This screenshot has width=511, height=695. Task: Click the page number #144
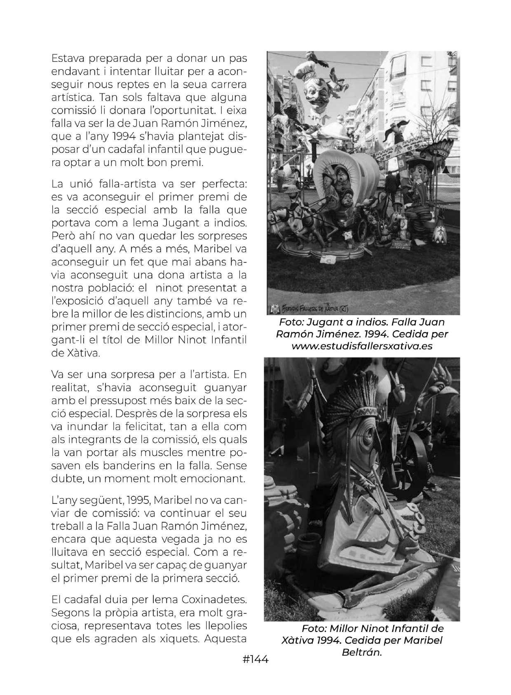point(255,659)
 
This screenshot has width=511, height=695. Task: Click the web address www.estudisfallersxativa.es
point(362,346)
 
